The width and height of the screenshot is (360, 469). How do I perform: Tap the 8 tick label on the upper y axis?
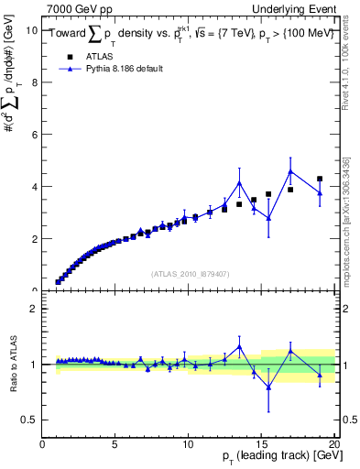tap(34, 82)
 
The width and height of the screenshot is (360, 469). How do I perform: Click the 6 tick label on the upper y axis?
tap(34, 135)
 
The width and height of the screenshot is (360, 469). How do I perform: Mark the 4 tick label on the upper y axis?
tap(34, 187)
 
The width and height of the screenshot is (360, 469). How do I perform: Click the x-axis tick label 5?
tap(115, 445)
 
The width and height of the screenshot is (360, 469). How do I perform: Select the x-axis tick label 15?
tap(260, 445)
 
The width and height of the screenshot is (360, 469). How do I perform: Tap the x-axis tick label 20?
tap(333, 445)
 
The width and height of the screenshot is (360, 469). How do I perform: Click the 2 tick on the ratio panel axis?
tap(34, 309)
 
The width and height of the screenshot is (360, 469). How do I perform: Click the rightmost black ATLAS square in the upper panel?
tap(320, 179)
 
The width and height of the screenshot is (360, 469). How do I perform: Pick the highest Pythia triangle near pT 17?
tap(290, 171)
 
